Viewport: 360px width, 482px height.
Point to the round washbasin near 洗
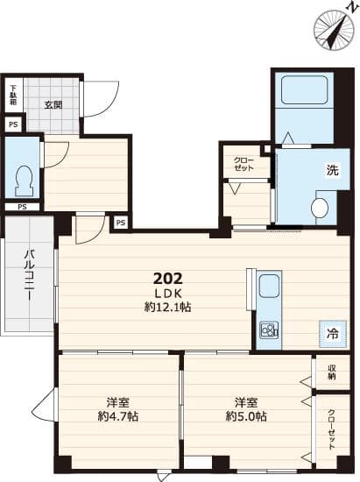pos(320,208)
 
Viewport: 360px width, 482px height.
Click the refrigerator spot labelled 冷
pos(332,332)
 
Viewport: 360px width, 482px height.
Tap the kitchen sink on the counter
pos(269,287)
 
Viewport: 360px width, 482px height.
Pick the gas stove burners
pos(268,330)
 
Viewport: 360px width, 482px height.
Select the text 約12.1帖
pos(168,308)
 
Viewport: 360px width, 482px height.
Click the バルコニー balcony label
pos(28,272)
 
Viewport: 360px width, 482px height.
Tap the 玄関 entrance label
pos(53,105)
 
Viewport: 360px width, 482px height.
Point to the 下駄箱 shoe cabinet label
pos(13,94)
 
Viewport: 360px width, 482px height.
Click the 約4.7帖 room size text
pos(116,417)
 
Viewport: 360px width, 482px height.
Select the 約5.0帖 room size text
pos(245,417)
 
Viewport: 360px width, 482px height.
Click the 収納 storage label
pos(332,372)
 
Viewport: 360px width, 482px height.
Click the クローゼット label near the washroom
pos(244,163)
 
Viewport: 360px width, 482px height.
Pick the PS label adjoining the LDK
pos(121,223)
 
